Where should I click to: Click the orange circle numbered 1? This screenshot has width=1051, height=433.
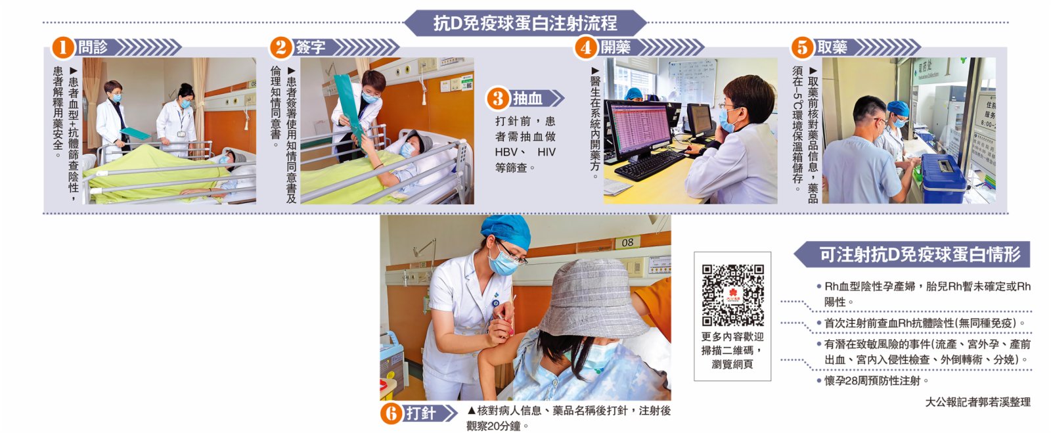pyautogui.click(x=63, y=47)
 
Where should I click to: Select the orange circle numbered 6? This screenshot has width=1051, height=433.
pyautogui.click(x=391, y=414)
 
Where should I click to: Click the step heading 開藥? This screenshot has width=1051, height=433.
pyautogui.click(x=615, y=47)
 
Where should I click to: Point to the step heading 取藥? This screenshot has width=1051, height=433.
pyautogui.click(x=832, y=47)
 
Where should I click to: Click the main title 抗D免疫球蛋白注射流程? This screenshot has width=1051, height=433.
pyautogui.click(x=525, y=24)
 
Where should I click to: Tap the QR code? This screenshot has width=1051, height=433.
pyautogui.click(x=732, y=295)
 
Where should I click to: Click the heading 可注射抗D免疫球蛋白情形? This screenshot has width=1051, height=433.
pyautogui.click(x=919, y=254)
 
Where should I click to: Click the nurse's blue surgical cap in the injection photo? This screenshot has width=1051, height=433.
pyautogui.click(x=506, y=231)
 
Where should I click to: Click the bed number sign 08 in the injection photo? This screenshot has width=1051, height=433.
pyautogui.click(x=627, y=242)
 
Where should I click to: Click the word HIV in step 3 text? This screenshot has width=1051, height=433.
pyautogui.click(x=546, y=152)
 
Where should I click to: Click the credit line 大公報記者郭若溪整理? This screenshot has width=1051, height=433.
pyautogui.click(x=978, y=402)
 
